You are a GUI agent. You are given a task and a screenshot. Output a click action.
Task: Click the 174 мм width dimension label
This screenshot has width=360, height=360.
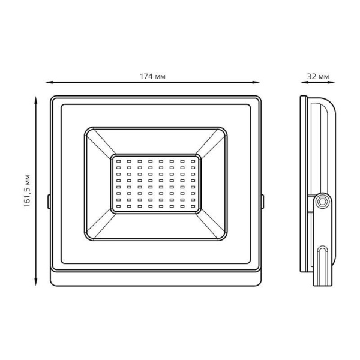pos(152,76)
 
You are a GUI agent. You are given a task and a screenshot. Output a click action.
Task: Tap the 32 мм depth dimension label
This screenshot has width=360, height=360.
pos(318,76)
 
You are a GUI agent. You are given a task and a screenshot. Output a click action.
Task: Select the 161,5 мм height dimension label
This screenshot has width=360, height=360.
pos(27,191)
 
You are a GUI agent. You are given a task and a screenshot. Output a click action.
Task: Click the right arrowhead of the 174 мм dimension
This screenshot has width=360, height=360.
pos(256,82)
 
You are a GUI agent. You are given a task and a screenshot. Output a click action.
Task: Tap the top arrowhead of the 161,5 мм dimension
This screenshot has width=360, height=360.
pos(36,100)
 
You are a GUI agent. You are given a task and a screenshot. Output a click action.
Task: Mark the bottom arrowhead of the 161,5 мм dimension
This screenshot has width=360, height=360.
pos(36,282)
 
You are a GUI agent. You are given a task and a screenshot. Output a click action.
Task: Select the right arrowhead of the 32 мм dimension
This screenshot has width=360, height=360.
pos(331,82)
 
